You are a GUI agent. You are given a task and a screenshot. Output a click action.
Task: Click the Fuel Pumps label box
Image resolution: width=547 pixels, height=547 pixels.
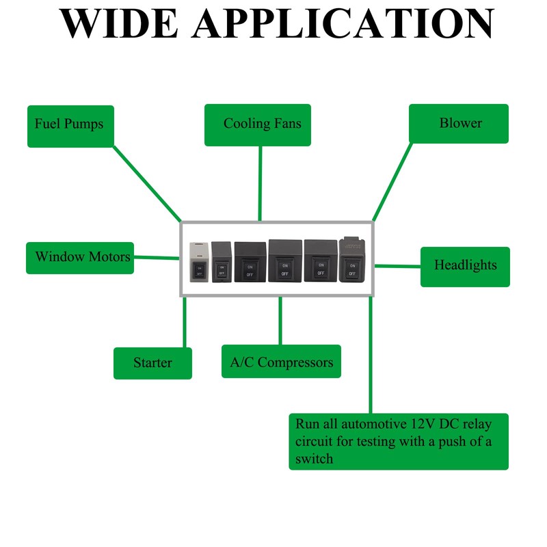70,126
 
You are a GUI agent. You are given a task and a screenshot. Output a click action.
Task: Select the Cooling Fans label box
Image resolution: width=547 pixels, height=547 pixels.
258,125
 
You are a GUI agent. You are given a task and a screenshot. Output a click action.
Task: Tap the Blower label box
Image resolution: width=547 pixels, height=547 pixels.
458,124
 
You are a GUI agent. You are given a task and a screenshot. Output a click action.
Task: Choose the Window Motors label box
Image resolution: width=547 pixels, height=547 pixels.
80,258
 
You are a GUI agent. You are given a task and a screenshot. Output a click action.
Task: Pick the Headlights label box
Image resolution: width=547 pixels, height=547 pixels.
464,266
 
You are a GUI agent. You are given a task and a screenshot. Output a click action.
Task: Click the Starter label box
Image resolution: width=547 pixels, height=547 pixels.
152,363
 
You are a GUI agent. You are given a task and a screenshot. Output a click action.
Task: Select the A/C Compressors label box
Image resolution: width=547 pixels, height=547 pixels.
281,362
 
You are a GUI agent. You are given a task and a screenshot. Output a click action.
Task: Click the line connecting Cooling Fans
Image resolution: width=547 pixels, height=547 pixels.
260,183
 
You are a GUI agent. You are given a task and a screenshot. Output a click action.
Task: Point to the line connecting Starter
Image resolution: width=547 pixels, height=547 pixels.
185,322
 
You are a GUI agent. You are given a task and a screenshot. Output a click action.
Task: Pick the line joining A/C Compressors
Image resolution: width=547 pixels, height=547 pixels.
280,321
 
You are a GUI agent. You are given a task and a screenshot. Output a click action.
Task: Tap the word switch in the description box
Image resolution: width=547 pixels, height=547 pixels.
315,459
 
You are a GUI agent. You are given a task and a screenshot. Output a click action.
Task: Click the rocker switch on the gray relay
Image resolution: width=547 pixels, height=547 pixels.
199,269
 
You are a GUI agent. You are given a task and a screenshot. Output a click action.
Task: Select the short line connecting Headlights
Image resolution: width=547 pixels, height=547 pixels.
397,266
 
